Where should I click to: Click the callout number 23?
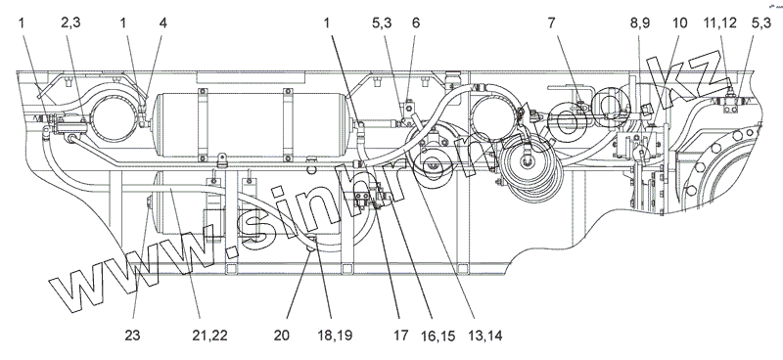point(132,335)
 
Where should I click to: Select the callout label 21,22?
point(209,335)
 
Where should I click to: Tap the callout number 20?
point(282,335)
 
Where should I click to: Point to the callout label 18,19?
point(334,335)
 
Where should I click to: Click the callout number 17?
point(400,335)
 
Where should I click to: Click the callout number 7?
point(551,22)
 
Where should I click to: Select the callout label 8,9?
point(640,22)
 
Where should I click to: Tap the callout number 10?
point(679,22)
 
